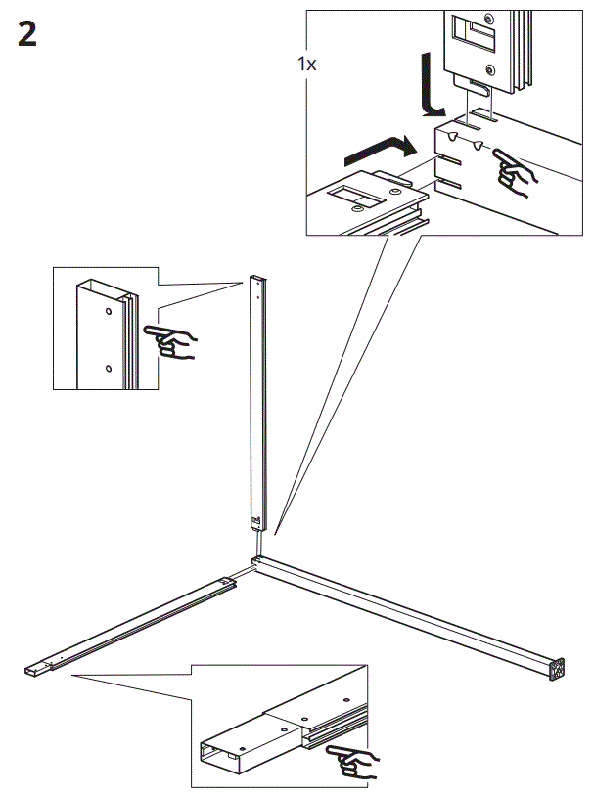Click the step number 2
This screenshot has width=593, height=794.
click(x=26, y=36)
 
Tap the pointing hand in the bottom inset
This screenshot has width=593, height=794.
click(x=353, y=757)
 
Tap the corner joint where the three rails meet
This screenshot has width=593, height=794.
click(x=257, y=561)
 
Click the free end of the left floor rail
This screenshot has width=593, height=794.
click(x=32, y=671)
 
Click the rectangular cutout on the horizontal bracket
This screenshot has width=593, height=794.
click(x=349, y=194)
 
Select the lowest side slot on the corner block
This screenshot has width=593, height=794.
click(x=447, y=183)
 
